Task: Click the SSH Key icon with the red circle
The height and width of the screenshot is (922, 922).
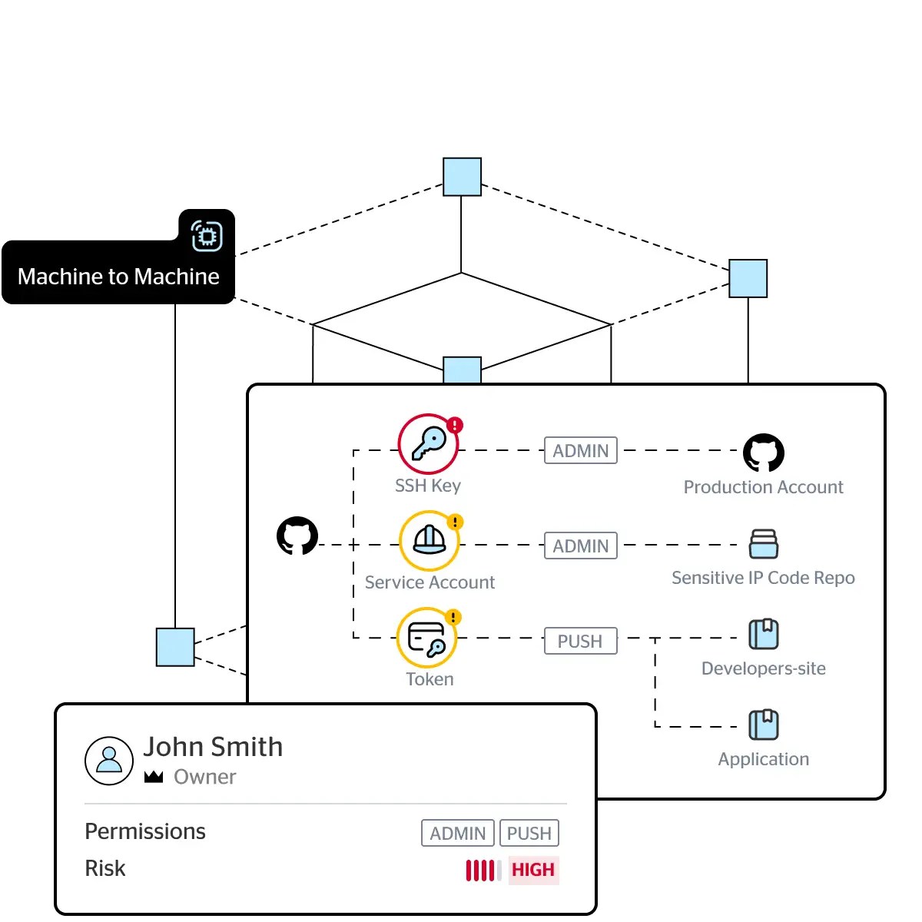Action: (x=428, y=444)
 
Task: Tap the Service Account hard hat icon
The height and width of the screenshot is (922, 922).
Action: (x=429, y=541)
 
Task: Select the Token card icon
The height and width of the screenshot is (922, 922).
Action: (x=426, y=637)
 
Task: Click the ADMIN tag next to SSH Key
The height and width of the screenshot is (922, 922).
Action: (x=580, y=450)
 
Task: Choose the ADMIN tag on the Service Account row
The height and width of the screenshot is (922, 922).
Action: (x=580, y=546)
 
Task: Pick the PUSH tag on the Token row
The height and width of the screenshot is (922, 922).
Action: (x=580, y=641)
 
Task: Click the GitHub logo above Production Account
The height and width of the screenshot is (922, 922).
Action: (x=763, y=453)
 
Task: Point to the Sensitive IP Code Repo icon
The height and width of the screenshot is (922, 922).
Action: (x=763, y=543)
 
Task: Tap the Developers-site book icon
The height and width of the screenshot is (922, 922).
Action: (x=763, y=634)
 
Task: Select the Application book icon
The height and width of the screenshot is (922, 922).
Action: (x=763, y=725)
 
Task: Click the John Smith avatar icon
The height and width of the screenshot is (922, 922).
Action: (x=109, y=761)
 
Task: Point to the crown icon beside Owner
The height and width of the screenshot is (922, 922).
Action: (x=154, y=777)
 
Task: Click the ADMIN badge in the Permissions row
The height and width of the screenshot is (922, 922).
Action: (x=457, y=833)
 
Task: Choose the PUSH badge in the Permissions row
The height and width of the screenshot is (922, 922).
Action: (x=529, y=833)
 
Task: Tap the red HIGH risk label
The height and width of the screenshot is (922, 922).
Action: (x=533, y=870)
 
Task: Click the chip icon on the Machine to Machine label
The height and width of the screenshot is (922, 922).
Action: (x=207, y=236)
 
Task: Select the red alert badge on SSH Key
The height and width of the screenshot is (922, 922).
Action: (x=455, y=424)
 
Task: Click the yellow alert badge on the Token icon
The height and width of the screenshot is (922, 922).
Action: (x=453, y=617)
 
